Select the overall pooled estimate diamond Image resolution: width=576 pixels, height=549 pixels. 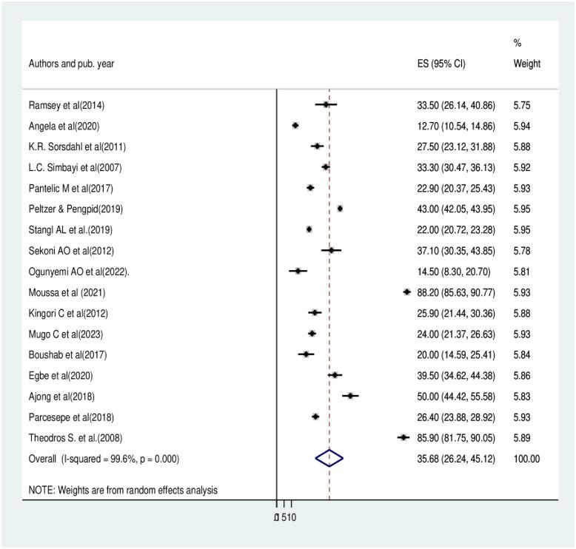click(x=329, y=458)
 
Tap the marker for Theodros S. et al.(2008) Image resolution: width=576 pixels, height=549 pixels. click(x=403, y=437)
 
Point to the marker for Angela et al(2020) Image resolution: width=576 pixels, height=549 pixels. click(x=295, y=126)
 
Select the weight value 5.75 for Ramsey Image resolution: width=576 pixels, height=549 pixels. click(x=522, y=105)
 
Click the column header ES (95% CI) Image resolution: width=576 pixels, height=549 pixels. click(x=441, y=64)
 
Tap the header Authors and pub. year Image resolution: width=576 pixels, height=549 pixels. click(x=72, y=64)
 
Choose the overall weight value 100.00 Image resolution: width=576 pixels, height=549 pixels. click(x=526, y=458)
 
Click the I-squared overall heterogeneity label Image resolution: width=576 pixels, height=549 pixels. click(x=104, y=458)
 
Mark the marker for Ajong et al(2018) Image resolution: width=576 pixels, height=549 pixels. click(x=350, y=396)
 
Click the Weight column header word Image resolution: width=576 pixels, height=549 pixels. click(x=526, y=64)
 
